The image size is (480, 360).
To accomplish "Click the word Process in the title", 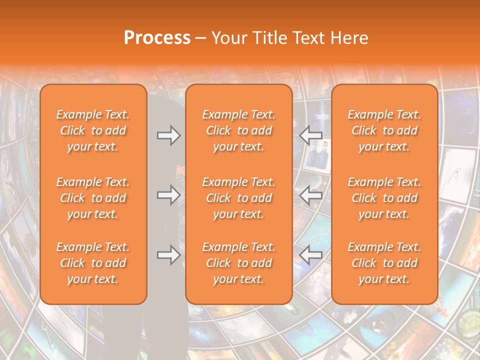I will [157, 38].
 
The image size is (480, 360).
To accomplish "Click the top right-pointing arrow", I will [168, 135].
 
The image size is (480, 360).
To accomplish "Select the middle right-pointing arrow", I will [168, 195].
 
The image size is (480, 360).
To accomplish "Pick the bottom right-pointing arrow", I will [168, 255].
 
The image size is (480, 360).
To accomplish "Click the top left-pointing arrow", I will [311, 135].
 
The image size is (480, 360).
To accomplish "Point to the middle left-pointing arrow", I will [311, 195].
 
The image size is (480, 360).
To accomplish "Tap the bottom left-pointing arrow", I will [311, 255].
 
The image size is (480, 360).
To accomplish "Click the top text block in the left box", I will [93, 130].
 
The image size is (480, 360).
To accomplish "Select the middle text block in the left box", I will [93, 198].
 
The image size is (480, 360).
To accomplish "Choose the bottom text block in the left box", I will [93, 263].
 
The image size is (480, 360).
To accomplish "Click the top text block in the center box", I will [239, 130].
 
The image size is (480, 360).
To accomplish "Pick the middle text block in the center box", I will [239, 198].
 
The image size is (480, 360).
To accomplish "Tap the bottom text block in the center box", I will [239, 263].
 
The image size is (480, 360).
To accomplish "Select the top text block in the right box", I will [384, 130].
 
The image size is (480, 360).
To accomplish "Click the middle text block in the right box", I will [384, 198].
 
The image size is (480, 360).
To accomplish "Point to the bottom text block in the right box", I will [384, 263].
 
